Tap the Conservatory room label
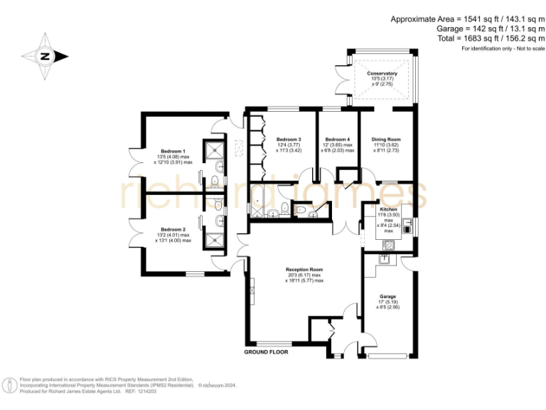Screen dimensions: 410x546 (x=382, y=73)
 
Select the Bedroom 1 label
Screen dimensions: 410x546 (x=173, y=151)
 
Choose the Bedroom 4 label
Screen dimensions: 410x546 (x=337, y=140)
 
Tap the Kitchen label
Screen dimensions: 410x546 (x=388, y=210)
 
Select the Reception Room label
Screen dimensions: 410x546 (x=304, y=270)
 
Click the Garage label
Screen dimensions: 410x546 (x=387, y=296)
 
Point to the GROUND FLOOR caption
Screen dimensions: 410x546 (x=266, y=352)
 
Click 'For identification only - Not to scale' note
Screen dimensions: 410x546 (x=502, y=48)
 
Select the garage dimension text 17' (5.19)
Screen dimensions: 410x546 (x=387, y=303)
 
